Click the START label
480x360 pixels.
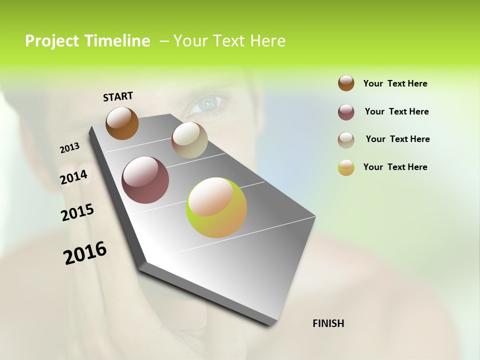pyautogui.click(x=118, y=96)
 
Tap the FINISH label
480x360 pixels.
pyautogui.click(x=328, y=323)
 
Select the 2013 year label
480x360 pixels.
pyautogui.click(x=70, y=148)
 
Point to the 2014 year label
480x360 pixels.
pyautogui.click(x=74, y=177)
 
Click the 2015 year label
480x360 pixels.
pyautogui.click(x=77, y=212)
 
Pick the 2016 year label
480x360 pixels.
pyautogui.click(x=85, y=253)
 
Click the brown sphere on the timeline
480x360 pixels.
pyautogui.click(x=122, y=123)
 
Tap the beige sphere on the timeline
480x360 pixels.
pyautogui.click(x=189, y=140)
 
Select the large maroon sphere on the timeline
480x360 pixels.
pyautogui.click(x=145, y=180)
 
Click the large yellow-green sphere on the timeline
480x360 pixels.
pyautogui.click(x=216, y=207)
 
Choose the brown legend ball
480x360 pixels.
pyautogui.click(x=346, y=83)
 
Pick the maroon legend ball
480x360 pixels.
pyautogui.click(x=346, y=112)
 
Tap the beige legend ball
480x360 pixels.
pyautogui.click(x=346, y=140)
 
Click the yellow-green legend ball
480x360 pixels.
pyautogui.click(x=346, y=167)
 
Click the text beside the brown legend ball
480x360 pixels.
pyautogui.click(x=395, y=83)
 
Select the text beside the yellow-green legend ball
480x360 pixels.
pyautogui.click(x=395, y=167)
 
